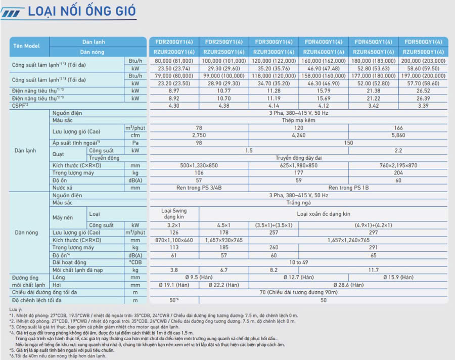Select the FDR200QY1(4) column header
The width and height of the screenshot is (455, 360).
point(173,42)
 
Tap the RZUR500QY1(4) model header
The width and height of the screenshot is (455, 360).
point(423,52)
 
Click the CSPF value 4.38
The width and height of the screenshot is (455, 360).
point(223,106)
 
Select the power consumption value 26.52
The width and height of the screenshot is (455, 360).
point(423,91)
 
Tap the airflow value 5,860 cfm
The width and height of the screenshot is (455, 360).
point(398,136)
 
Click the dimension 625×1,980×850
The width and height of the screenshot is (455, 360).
point(298,165)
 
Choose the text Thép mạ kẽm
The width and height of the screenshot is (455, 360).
point(298,121)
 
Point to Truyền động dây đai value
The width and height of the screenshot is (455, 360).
point(298,158)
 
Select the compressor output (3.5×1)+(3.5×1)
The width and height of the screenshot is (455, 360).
point(274,224)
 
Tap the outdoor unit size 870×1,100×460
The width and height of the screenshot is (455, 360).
point(173,240)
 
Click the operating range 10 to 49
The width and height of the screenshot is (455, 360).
point(298,262)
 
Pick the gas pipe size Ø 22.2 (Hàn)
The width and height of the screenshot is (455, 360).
point(223,285)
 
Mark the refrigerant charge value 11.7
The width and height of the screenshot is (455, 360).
point(373,270)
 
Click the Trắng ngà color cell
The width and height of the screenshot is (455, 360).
point(298,203)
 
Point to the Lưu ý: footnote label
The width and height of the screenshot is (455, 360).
point(16,308)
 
